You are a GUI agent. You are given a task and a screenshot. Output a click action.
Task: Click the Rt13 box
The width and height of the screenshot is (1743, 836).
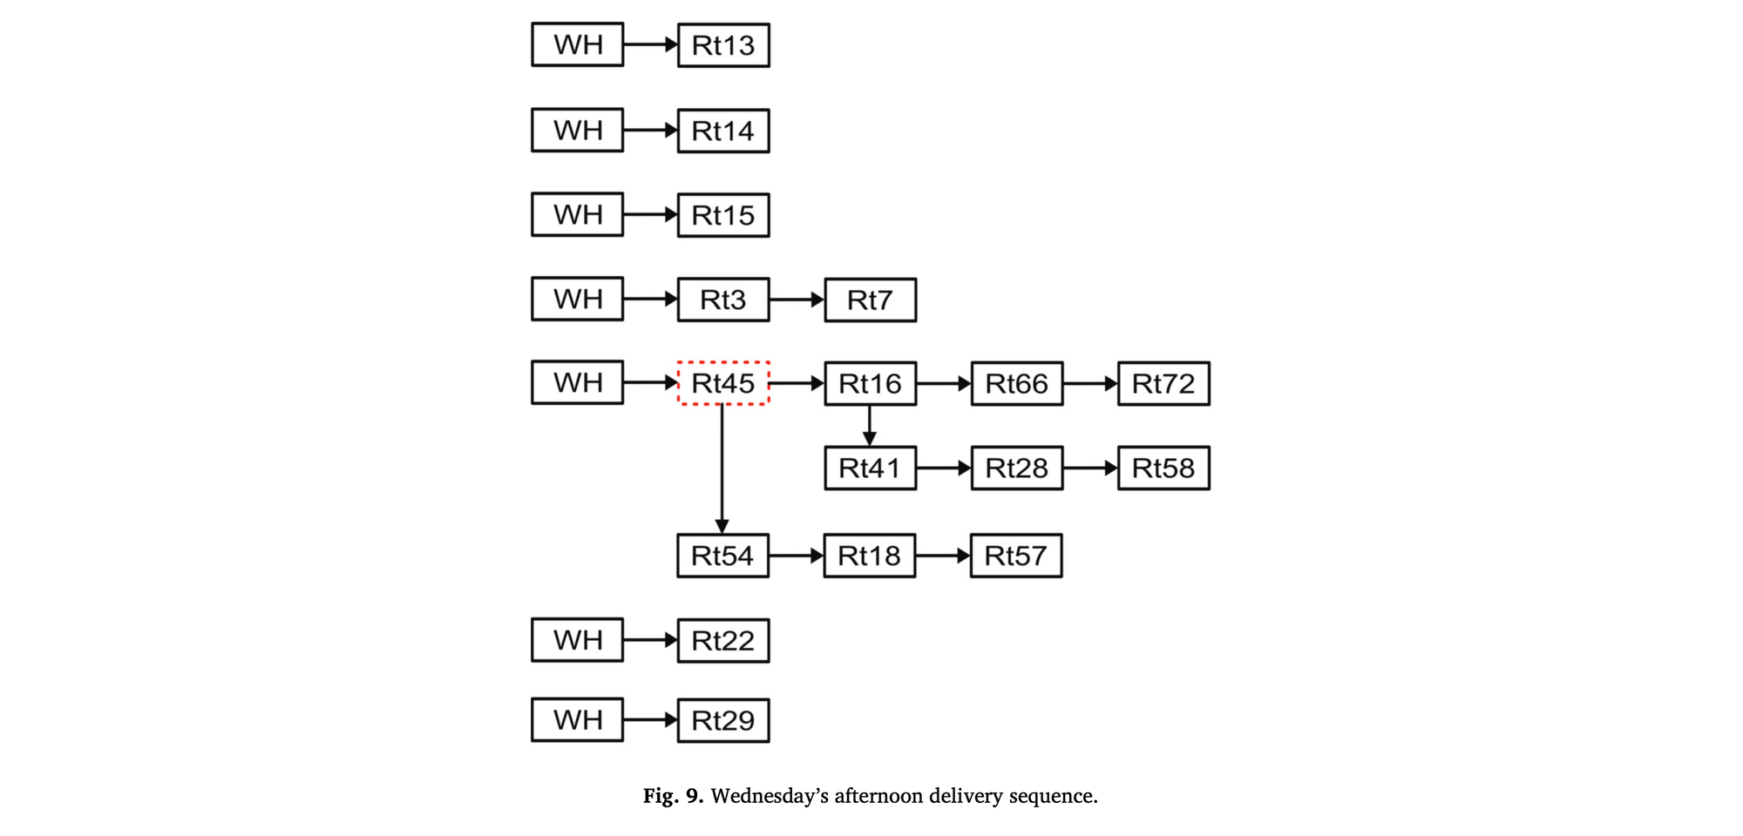(723, 45)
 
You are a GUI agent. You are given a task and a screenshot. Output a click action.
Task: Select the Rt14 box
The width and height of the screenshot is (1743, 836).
(723, 131)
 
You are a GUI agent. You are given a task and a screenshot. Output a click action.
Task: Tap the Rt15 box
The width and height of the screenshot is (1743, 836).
(723, 215)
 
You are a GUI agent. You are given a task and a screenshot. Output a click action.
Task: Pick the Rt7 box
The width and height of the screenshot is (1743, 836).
(870, 300)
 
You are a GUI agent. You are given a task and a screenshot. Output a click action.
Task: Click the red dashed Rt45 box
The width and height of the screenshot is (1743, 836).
(723, 383)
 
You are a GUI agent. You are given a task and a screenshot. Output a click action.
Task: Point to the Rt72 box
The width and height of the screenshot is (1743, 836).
(1163, 384)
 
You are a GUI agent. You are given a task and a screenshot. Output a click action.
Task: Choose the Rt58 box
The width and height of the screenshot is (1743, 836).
(1163, 469)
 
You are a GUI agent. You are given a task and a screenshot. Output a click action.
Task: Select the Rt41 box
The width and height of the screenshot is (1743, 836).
(870, 469)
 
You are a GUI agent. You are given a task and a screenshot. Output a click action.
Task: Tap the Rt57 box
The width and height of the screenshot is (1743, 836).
(1016, 556)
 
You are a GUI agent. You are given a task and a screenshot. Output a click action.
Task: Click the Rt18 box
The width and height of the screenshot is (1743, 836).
(869, 556)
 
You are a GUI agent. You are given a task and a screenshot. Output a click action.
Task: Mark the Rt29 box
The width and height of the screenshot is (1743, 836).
(723, 720)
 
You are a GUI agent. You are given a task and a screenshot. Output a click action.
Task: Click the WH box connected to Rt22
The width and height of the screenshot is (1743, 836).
(577, 640)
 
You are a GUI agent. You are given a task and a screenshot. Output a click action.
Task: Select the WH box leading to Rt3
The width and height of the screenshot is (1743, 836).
(577, 299)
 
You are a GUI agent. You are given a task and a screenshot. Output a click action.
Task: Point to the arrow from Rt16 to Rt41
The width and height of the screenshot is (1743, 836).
(869, 426)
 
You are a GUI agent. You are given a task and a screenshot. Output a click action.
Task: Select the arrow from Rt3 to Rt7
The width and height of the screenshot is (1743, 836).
(797, 300)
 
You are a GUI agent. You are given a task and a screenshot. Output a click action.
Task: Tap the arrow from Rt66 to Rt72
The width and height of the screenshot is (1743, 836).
(1090, 383)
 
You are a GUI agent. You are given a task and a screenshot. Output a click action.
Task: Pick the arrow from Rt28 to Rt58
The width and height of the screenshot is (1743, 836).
(1090, 469)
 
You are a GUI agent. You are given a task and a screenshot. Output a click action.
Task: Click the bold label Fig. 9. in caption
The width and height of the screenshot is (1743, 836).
(673, 796)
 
